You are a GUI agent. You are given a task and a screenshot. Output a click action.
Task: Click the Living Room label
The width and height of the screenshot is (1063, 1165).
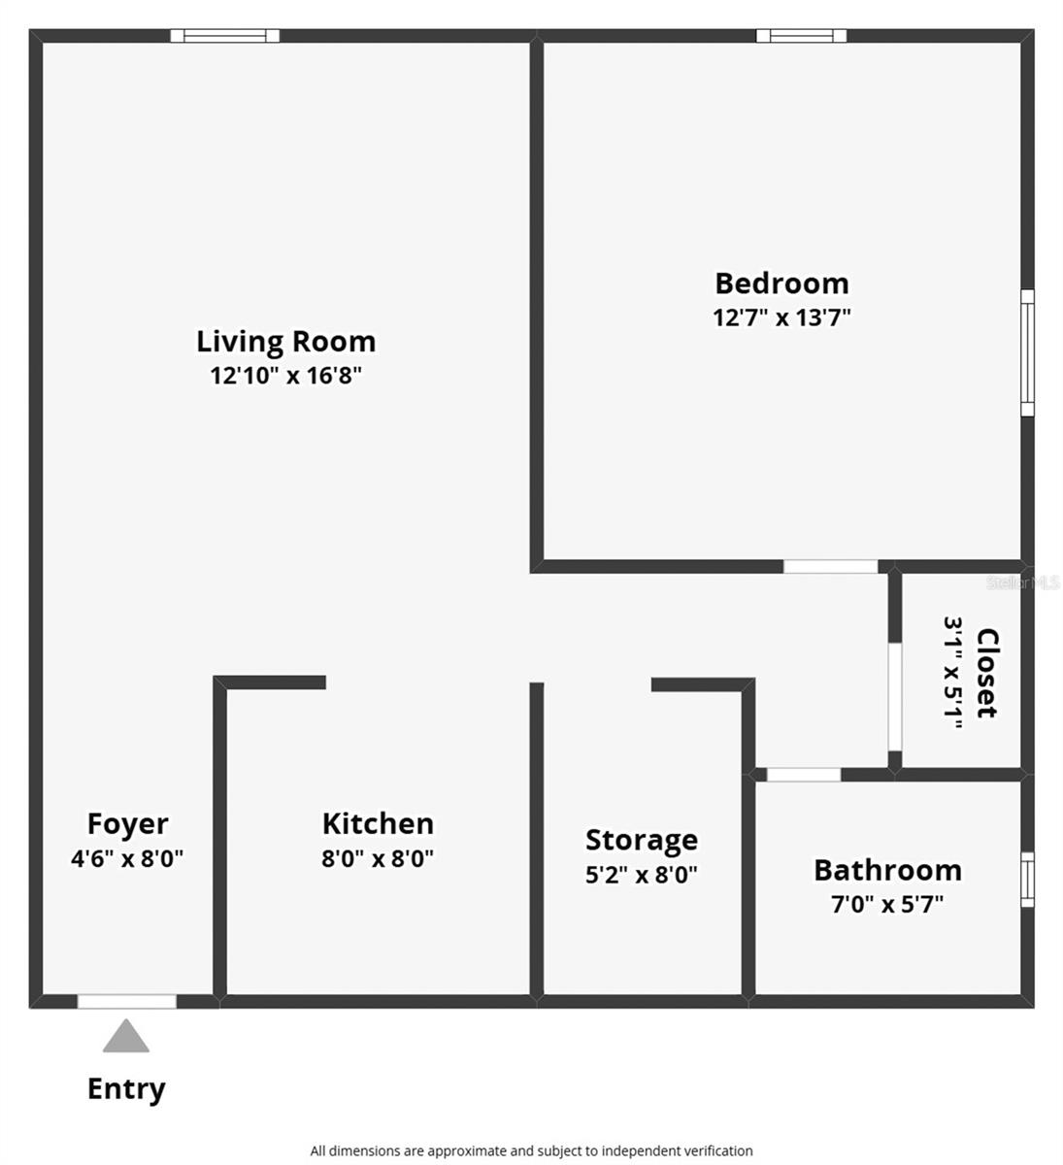pyautogui.click(x=285, y=342)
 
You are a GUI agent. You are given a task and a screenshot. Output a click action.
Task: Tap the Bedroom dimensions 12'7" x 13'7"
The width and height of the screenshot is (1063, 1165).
pyautogui.click(x=781, y=317)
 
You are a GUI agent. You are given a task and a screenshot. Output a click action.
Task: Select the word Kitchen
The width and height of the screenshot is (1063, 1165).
pyautogui.click(x=378, y=823)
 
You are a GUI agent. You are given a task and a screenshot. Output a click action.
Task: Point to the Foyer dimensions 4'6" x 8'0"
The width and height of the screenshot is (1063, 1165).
pyautogui.click(x=127, y=858)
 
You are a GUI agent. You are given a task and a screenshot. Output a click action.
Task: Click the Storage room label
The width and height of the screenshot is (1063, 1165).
pyautogui.click(x=641, y=840)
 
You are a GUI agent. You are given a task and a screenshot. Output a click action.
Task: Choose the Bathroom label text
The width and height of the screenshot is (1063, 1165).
pyautogui.click(x=887, y=870)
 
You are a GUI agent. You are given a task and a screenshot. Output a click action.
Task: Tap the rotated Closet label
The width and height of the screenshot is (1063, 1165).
pyautogui.click(x=986, y=672)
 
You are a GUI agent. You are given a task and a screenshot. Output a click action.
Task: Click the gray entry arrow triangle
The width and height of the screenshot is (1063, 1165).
pyautogui.click(x=126, y=1037)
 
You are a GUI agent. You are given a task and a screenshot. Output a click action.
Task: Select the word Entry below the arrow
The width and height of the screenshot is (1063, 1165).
pyautogui.click(x=126, y=1088)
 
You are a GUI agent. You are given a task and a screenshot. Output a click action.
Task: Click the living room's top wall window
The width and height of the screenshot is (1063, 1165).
pyautogui.click(x=225, y=36)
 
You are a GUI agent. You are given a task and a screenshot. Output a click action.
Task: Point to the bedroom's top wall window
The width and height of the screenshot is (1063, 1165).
pyautogui.click(x=801, y=36)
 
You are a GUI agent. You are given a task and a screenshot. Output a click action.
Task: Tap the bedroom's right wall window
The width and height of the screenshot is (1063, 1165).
pyautogui.click(x=1027, y=352)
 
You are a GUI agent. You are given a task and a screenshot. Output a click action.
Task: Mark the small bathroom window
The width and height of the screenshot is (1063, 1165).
pyautogui.click(x=1027, y=879)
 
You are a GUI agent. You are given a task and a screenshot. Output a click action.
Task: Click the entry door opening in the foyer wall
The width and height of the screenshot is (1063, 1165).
pyautogui.click(x=127, y=1001)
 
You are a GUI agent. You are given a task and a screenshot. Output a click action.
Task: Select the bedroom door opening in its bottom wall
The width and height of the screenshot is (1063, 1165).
pyautogui.click(x=830, y=566)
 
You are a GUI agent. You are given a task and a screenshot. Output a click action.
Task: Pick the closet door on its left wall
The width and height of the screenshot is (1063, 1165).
pyautogui.click(x=895, y=696)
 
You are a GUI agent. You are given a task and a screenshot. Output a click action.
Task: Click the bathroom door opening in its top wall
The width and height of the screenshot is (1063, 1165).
pyautogui.click(x=804, y=775)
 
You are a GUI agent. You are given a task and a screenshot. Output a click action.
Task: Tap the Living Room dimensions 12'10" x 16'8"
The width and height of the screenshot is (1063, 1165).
pyautogui.click(x=285, y=376)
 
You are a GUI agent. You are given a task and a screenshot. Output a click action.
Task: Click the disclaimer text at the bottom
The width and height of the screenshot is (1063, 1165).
pyautogui.click(x=531, y=1150)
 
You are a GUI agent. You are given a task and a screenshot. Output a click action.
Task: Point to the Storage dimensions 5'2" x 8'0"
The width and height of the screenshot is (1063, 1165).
pyautogui.click(x=641, y=875)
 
